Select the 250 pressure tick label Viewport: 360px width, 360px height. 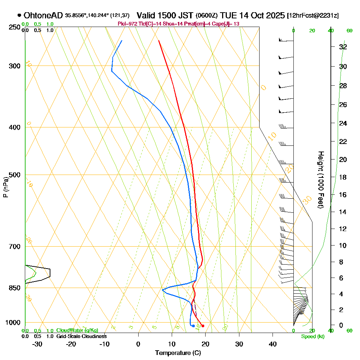click(12, 27)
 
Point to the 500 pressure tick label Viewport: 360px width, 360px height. click(12, 175)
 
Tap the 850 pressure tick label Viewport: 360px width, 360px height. click(12, 288)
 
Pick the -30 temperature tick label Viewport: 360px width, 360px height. click(37, 344)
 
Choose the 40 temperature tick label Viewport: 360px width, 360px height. click(273, 344)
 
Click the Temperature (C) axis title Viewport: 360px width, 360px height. click(178, 353)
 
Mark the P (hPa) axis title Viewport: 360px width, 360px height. click(5, 187)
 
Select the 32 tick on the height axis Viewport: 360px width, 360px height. click(343, 47)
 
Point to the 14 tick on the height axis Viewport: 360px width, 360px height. click(343, 212)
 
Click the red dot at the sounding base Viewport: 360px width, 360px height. click(203, 326)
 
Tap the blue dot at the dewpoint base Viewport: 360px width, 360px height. click(193, 326)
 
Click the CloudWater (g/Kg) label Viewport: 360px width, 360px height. click(77, 330)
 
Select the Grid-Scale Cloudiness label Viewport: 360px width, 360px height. click(81, 336)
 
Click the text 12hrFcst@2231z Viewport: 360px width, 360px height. click(312, 16)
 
